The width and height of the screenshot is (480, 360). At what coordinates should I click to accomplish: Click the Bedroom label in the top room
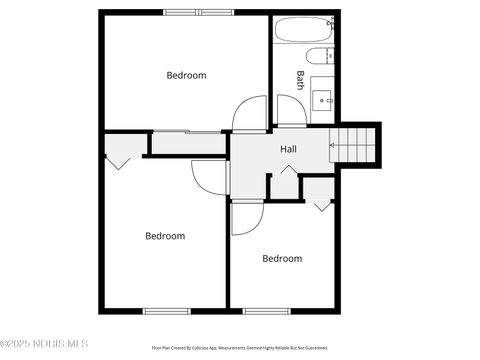pos(186,75)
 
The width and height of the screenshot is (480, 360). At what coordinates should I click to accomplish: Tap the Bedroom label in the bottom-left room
pos(165,236)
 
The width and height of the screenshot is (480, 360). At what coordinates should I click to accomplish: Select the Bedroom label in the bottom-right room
pos(282,258)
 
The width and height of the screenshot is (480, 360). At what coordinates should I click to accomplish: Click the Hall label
pos(288,149)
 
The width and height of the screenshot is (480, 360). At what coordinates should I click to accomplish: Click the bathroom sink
pos(323,98)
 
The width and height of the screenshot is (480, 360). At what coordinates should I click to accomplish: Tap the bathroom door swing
pos(291,113)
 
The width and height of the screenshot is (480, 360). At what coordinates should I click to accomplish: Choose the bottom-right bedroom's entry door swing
pos(246,218)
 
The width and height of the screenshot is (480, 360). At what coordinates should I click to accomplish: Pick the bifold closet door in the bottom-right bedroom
pos(321,203)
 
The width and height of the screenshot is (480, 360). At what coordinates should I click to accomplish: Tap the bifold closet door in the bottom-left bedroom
pos(119,155)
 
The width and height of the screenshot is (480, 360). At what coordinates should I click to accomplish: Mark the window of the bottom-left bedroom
pos(167,311)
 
